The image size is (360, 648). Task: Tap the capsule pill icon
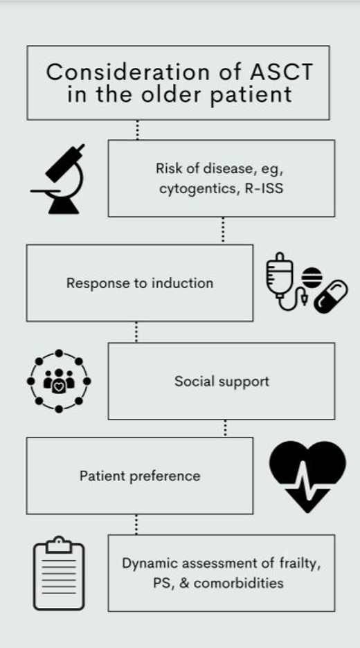[330, 296]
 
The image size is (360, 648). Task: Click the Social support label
[222, 381]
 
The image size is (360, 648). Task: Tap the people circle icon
[59, 381]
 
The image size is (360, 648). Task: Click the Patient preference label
[140, 476]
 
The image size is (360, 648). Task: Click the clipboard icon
[60, 573]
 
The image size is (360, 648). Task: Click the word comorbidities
[238, 582]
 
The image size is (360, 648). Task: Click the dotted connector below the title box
[137, 129]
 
